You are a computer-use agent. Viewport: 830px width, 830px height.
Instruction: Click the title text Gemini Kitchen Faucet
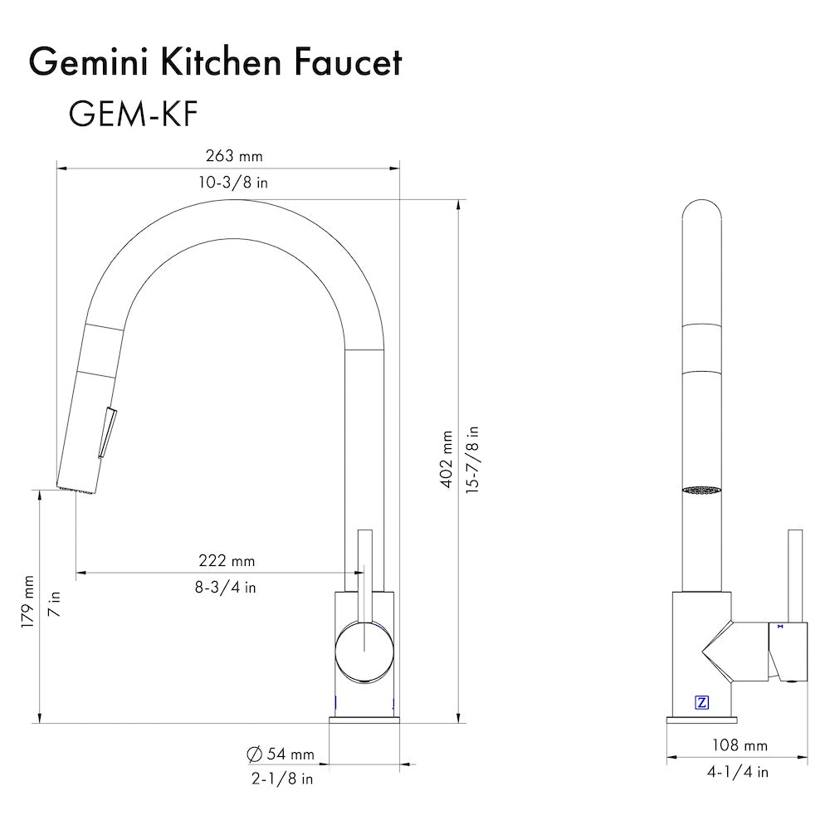coord(216,63)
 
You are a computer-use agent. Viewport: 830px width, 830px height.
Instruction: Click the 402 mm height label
coord(446,459)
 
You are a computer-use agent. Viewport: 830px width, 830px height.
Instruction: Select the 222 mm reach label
coord(227,560)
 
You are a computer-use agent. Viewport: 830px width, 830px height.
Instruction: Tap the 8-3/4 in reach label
coord(226,587)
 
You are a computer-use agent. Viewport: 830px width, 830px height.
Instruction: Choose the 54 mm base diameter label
coord(290,754)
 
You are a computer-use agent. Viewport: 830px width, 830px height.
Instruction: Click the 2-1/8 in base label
coord(283,779)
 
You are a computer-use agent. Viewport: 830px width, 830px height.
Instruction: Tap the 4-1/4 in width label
coord(738,772)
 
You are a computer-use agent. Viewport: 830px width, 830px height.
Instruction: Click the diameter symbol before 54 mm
coord(256,754)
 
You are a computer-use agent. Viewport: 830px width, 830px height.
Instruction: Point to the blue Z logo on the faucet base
coord(701,701)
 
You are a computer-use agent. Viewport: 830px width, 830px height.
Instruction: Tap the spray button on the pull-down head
coord(105,432)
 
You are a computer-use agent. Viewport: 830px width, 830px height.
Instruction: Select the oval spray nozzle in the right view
coord(701,491)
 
